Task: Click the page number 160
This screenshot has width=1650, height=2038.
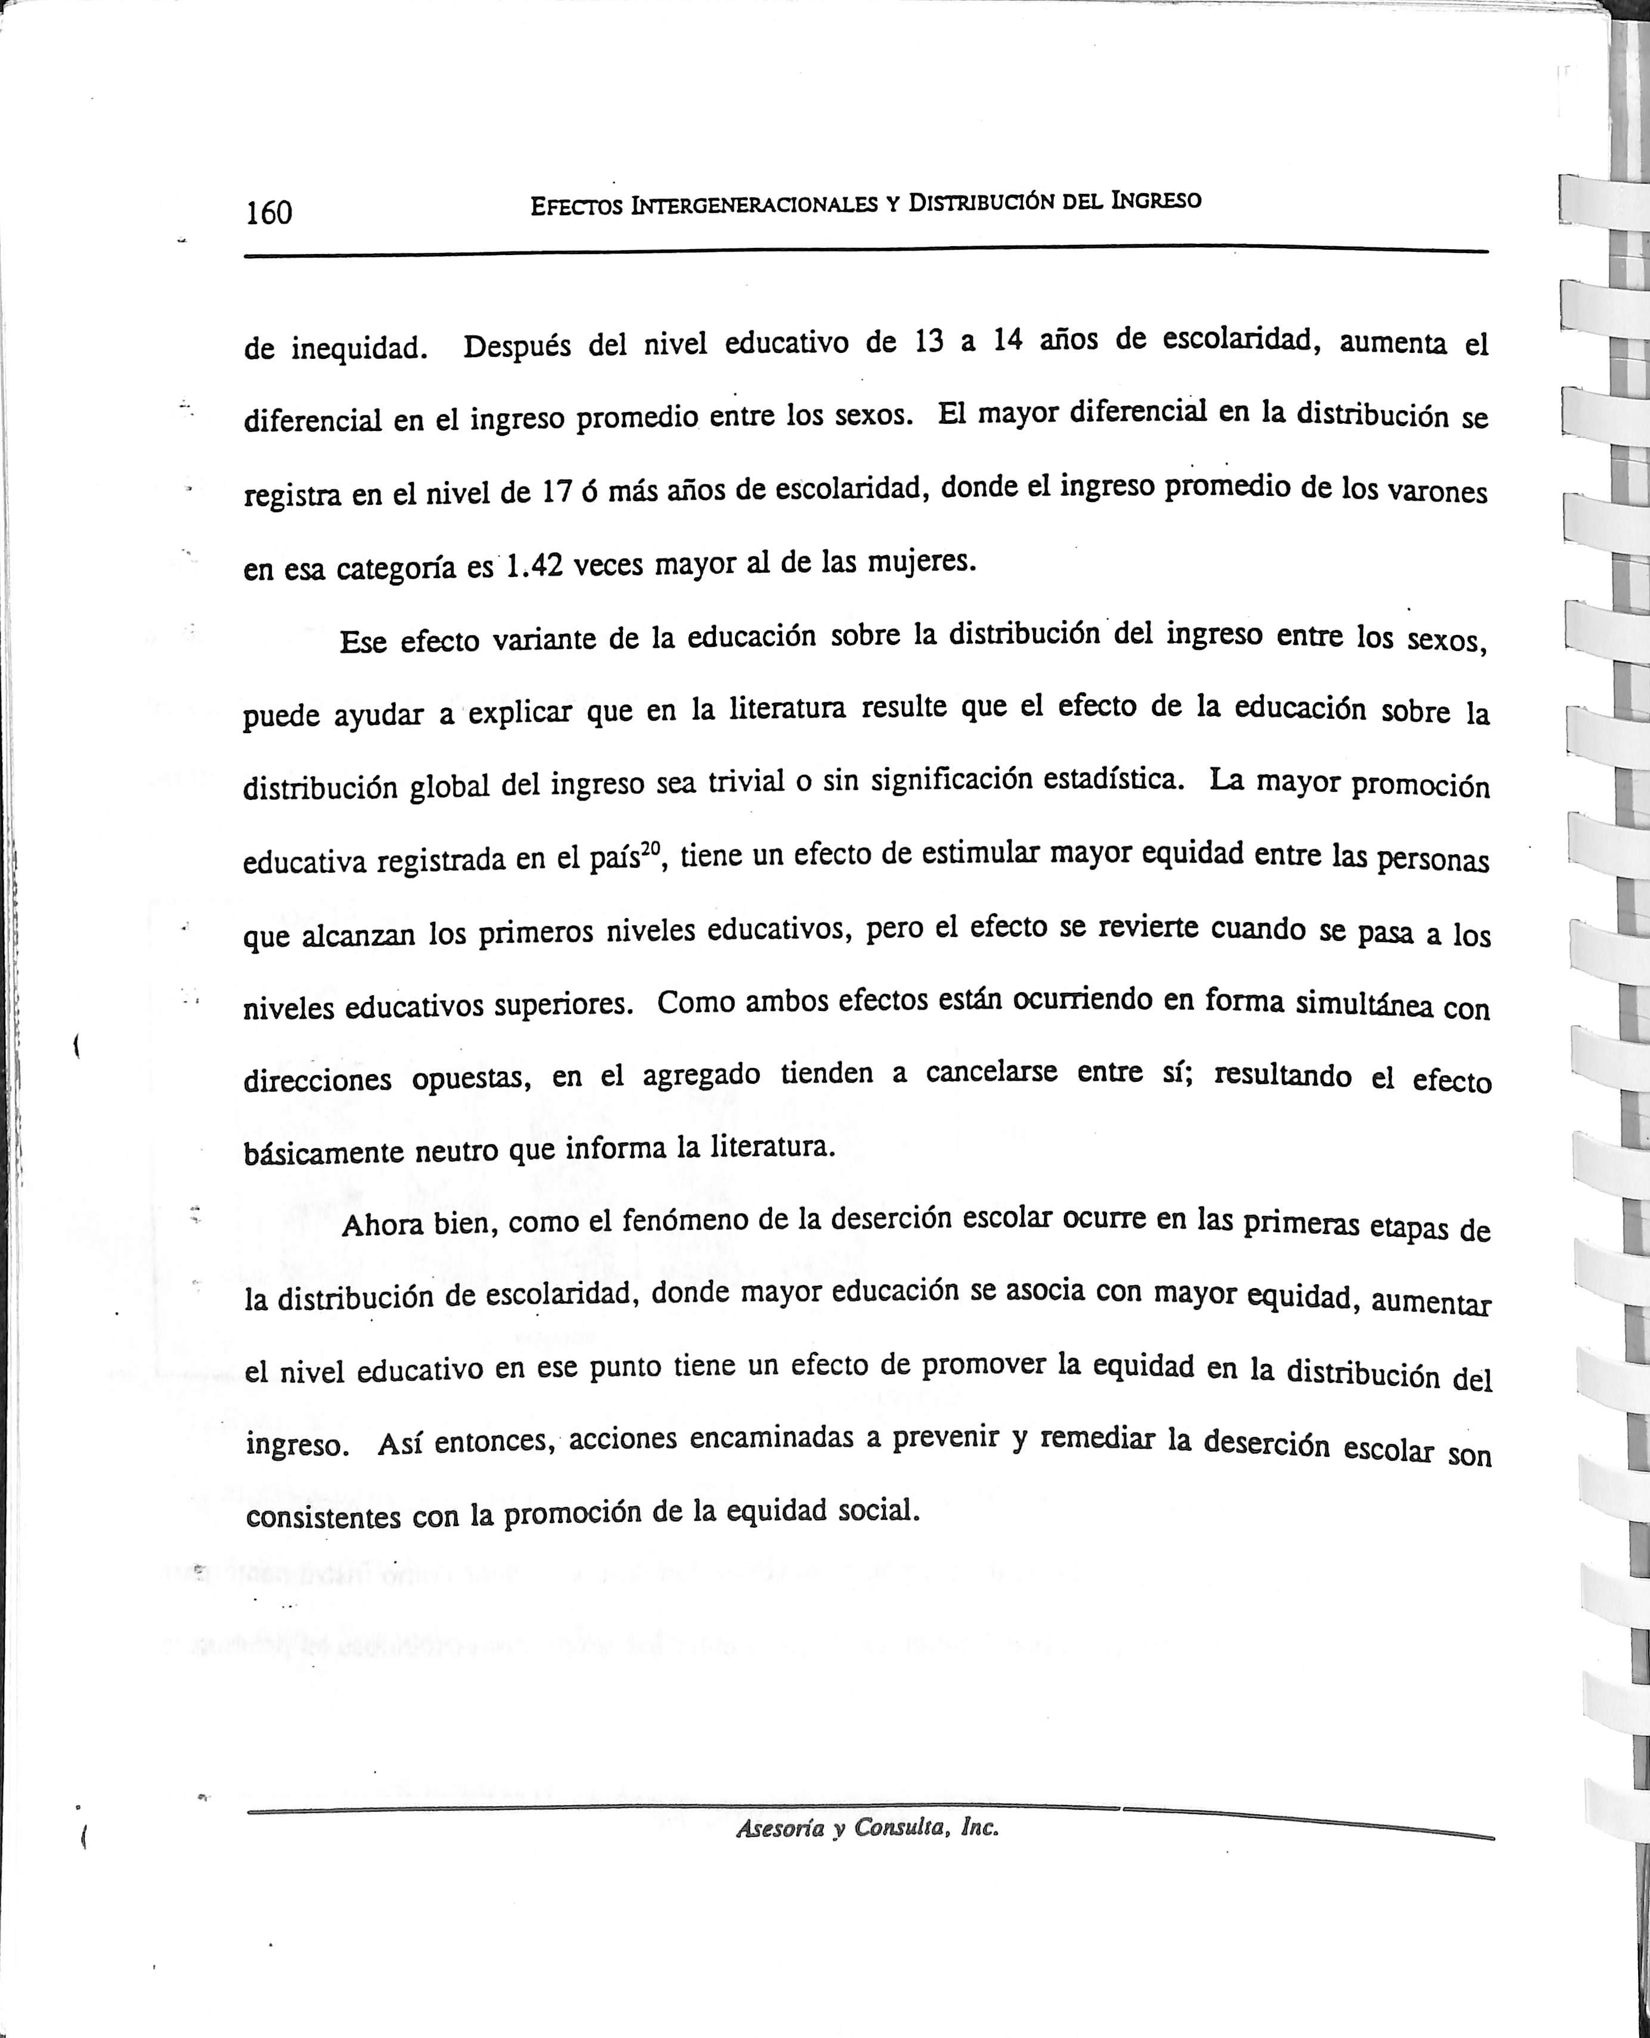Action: point(269,212)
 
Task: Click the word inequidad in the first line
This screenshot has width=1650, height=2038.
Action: point(358,349)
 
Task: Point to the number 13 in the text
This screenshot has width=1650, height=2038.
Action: point(929,341)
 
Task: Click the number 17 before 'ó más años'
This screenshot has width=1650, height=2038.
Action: point(556,491)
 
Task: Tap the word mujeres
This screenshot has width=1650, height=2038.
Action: point(922,563)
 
